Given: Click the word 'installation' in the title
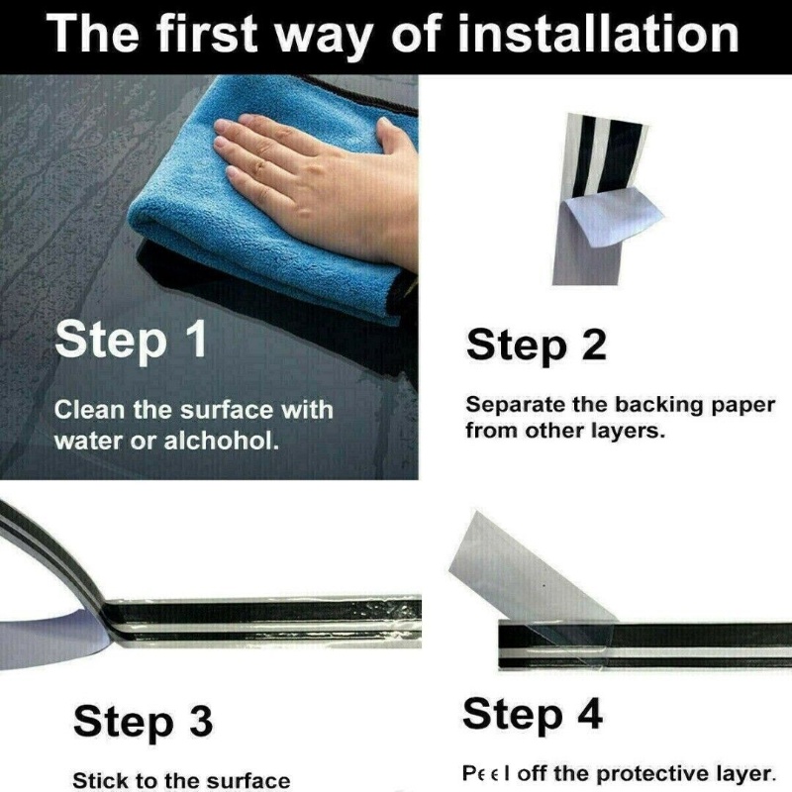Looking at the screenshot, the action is (598, 34).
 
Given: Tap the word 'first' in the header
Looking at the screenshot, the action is (206, 34).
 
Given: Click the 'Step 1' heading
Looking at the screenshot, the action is (131, 341).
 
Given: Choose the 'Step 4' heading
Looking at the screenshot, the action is (533, 715).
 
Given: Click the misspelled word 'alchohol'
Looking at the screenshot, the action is (221, 441).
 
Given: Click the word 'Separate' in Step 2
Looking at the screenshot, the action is (516, 406).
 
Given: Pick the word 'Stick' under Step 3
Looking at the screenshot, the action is (94, 780).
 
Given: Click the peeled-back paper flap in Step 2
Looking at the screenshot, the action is (612, 219).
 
